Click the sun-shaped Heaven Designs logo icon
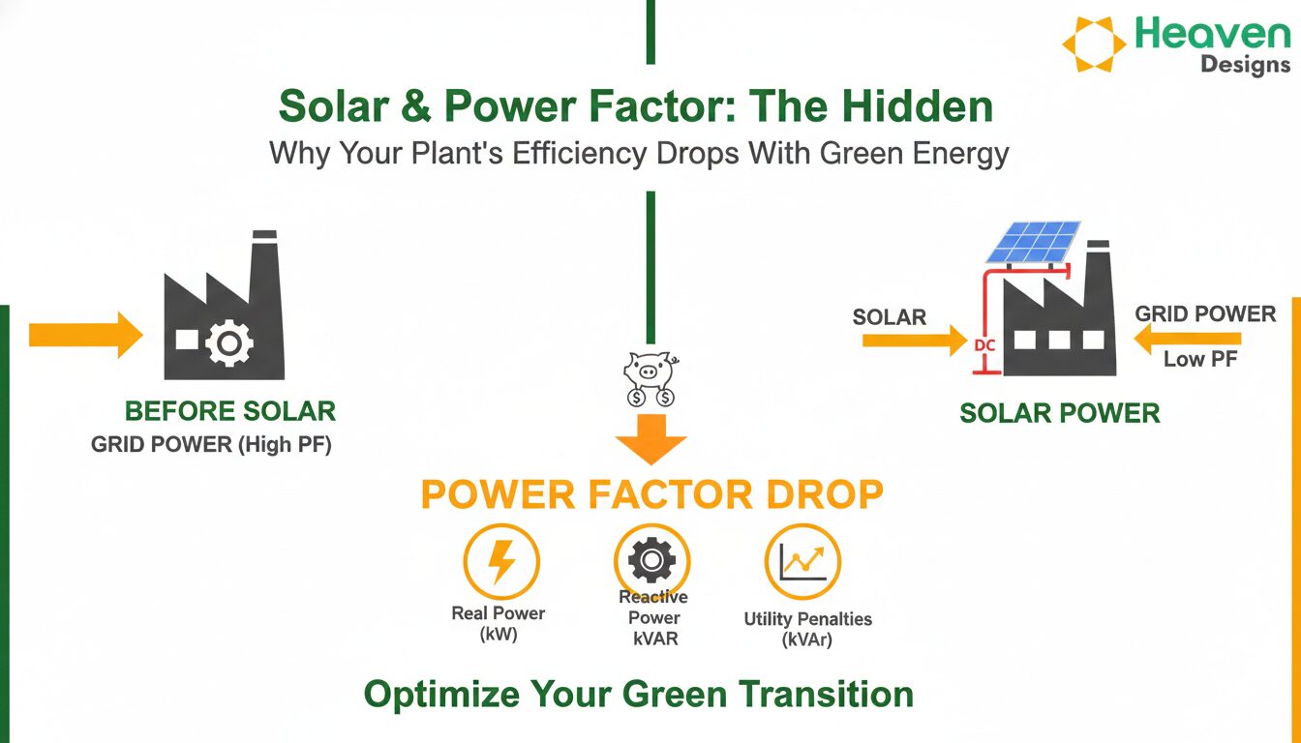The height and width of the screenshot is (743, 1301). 1094,45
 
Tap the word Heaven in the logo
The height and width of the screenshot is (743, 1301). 1213,34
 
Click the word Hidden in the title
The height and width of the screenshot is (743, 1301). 918,106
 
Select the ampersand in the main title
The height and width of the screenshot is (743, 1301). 416,106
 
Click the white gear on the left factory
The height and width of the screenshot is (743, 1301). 228,343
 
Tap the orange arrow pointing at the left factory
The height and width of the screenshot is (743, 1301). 86,335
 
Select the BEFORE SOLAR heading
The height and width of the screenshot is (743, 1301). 230,411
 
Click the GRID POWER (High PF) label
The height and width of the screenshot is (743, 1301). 211,445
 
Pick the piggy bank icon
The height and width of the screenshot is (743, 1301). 650,378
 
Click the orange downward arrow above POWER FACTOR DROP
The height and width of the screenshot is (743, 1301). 651,439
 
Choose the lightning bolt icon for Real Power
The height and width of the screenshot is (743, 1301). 501,562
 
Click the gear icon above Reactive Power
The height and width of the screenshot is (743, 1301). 651,560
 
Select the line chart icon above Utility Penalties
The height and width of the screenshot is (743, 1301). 802,561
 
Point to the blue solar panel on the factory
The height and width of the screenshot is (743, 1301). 1033,242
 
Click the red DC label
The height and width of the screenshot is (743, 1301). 984,346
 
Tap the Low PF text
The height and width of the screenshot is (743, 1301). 1200,359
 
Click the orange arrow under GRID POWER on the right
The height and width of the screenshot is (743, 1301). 1187,339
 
